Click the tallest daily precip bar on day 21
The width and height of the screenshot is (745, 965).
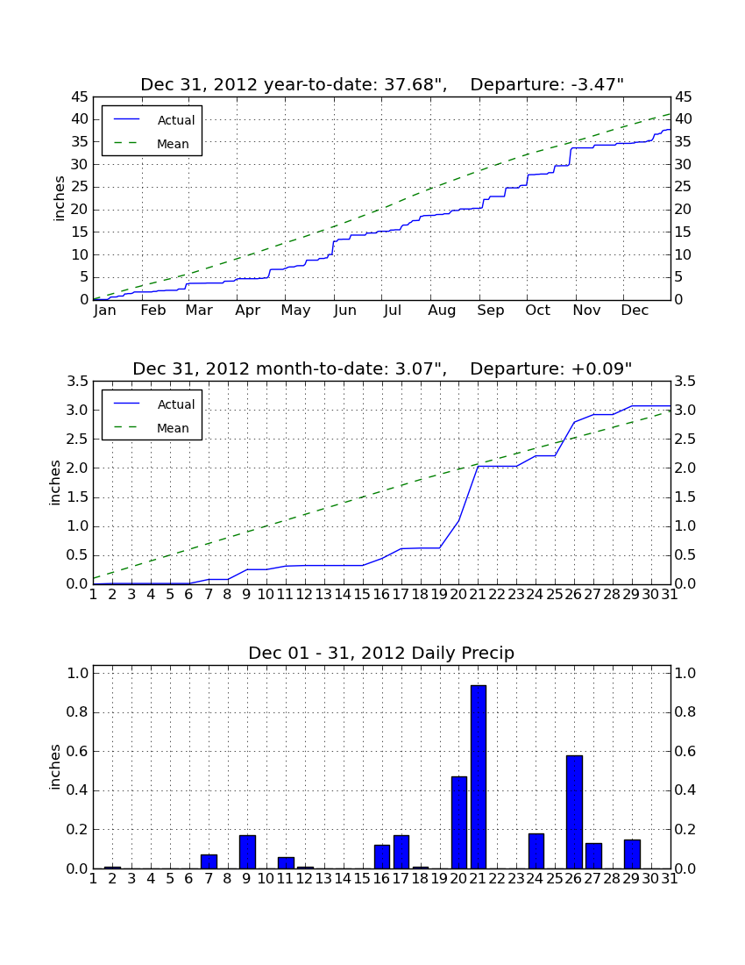click(479, 776)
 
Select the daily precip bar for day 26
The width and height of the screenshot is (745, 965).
click(574, 811)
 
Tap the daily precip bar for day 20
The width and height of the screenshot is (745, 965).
click(459, 822)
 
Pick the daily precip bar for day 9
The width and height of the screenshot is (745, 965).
click(247, 852)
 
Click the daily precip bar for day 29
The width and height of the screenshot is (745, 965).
click(632, 854)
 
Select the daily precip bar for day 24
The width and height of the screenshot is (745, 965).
click(536, 851)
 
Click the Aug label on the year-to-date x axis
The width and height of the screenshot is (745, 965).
click(442, 311)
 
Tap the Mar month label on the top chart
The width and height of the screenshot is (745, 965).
click(199, 311)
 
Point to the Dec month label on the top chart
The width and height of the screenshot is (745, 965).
click(635, 311)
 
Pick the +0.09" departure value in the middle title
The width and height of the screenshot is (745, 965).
click(601, 368)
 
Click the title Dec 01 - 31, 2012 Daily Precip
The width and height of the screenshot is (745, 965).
click(381, 653)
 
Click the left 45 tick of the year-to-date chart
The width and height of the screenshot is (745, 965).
click(80, 97)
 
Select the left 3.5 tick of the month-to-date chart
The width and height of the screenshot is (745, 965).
click(77, 382)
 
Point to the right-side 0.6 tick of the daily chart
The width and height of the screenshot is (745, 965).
click(685, 752)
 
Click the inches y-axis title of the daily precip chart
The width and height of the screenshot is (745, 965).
click(55, 767)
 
